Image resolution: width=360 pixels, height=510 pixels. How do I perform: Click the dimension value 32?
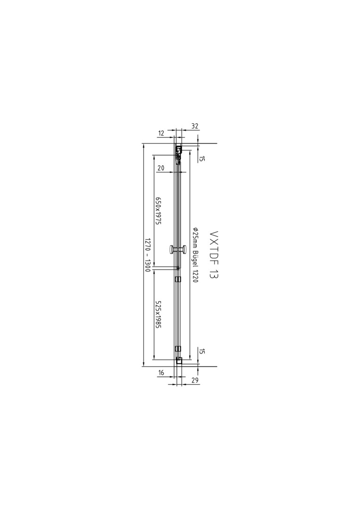coord(194,126)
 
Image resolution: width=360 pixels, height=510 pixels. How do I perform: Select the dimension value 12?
coord(161,133)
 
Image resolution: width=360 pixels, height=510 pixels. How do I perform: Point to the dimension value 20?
coord(160,168)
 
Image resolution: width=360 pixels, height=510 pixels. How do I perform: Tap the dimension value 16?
coord(161,373)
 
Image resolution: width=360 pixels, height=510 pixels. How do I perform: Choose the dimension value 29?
coord(195,380)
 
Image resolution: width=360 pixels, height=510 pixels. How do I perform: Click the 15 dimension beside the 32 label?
coord(202,159)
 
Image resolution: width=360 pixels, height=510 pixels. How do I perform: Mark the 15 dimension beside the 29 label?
coord(202,351)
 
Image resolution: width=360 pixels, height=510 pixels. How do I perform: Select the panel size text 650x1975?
coord(158,212)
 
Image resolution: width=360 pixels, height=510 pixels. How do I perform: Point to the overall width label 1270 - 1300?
coord(148,255)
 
